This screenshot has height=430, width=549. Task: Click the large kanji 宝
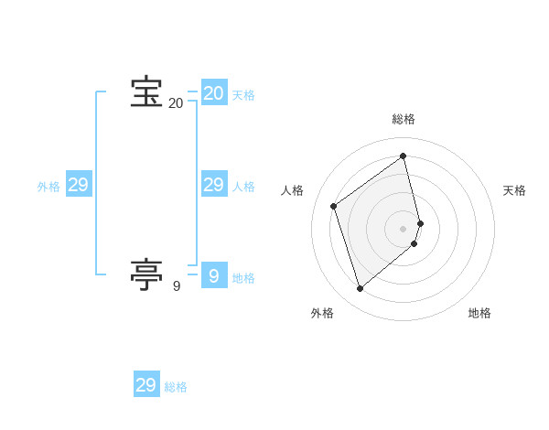[146, 92]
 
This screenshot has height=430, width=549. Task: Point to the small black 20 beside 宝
[176, 103]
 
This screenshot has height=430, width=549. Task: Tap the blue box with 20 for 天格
[213, 93]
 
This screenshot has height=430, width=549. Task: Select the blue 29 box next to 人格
[213, 185]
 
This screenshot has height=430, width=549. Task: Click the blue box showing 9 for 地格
[213, 275]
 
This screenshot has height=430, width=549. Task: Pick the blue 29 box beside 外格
[78, 185]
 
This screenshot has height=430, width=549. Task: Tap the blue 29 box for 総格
[146, 385]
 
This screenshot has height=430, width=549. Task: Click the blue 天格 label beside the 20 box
[243, 95]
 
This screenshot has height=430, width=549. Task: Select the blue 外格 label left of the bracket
[48, 187]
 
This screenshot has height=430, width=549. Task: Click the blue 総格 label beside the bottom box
[176, 387]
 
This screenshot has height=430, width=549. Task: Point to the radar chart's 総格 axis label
[404, 119]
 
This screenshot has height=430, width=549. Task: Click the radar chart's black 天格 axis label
[514, 190]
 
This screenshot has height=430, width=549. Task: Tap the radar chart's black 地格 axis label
[479, 313]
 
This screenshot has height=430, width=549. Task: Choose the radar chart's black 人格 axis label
[293, 190]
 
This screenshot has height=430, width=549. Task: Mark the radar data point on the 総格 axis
[404, 156]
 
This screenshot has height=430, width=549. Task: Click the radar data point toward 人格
[334, 206]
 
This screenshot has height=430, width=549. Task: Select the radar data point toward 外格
[360, 289]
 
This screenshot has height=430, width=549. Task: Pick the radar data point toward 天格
[420, 222]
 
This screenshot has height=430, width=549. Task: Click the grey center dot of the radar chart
[404, 228]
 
